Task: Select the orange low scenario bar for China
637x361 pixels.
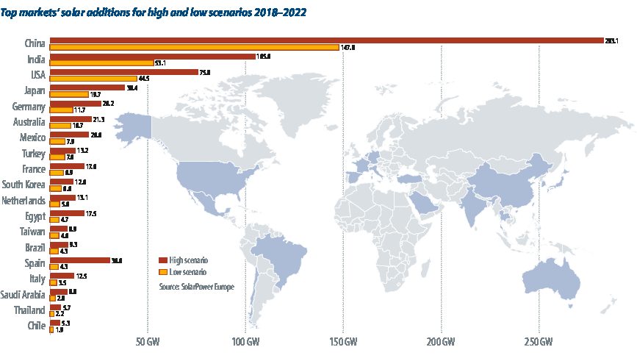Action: [194, 48]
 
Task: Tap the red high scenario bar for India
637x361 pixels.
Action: [151, 56]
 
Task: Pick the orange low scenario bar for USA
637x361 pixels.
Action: [93, 79]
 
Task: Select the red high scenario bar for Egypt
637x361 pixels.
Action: [66, 213]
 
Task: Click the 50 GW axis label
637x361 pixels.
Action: [148, 343]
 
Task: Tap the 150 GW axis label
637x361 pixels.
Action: [343, 343]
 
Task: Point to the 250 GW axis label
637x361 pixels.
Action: [539, 343]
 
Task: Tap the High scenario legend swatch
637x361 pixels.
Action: [163, 260]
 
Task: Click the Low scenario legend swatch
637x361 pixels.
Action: [163, 271]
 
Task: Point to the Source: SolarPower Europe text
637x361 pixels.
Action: [196, 286]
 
